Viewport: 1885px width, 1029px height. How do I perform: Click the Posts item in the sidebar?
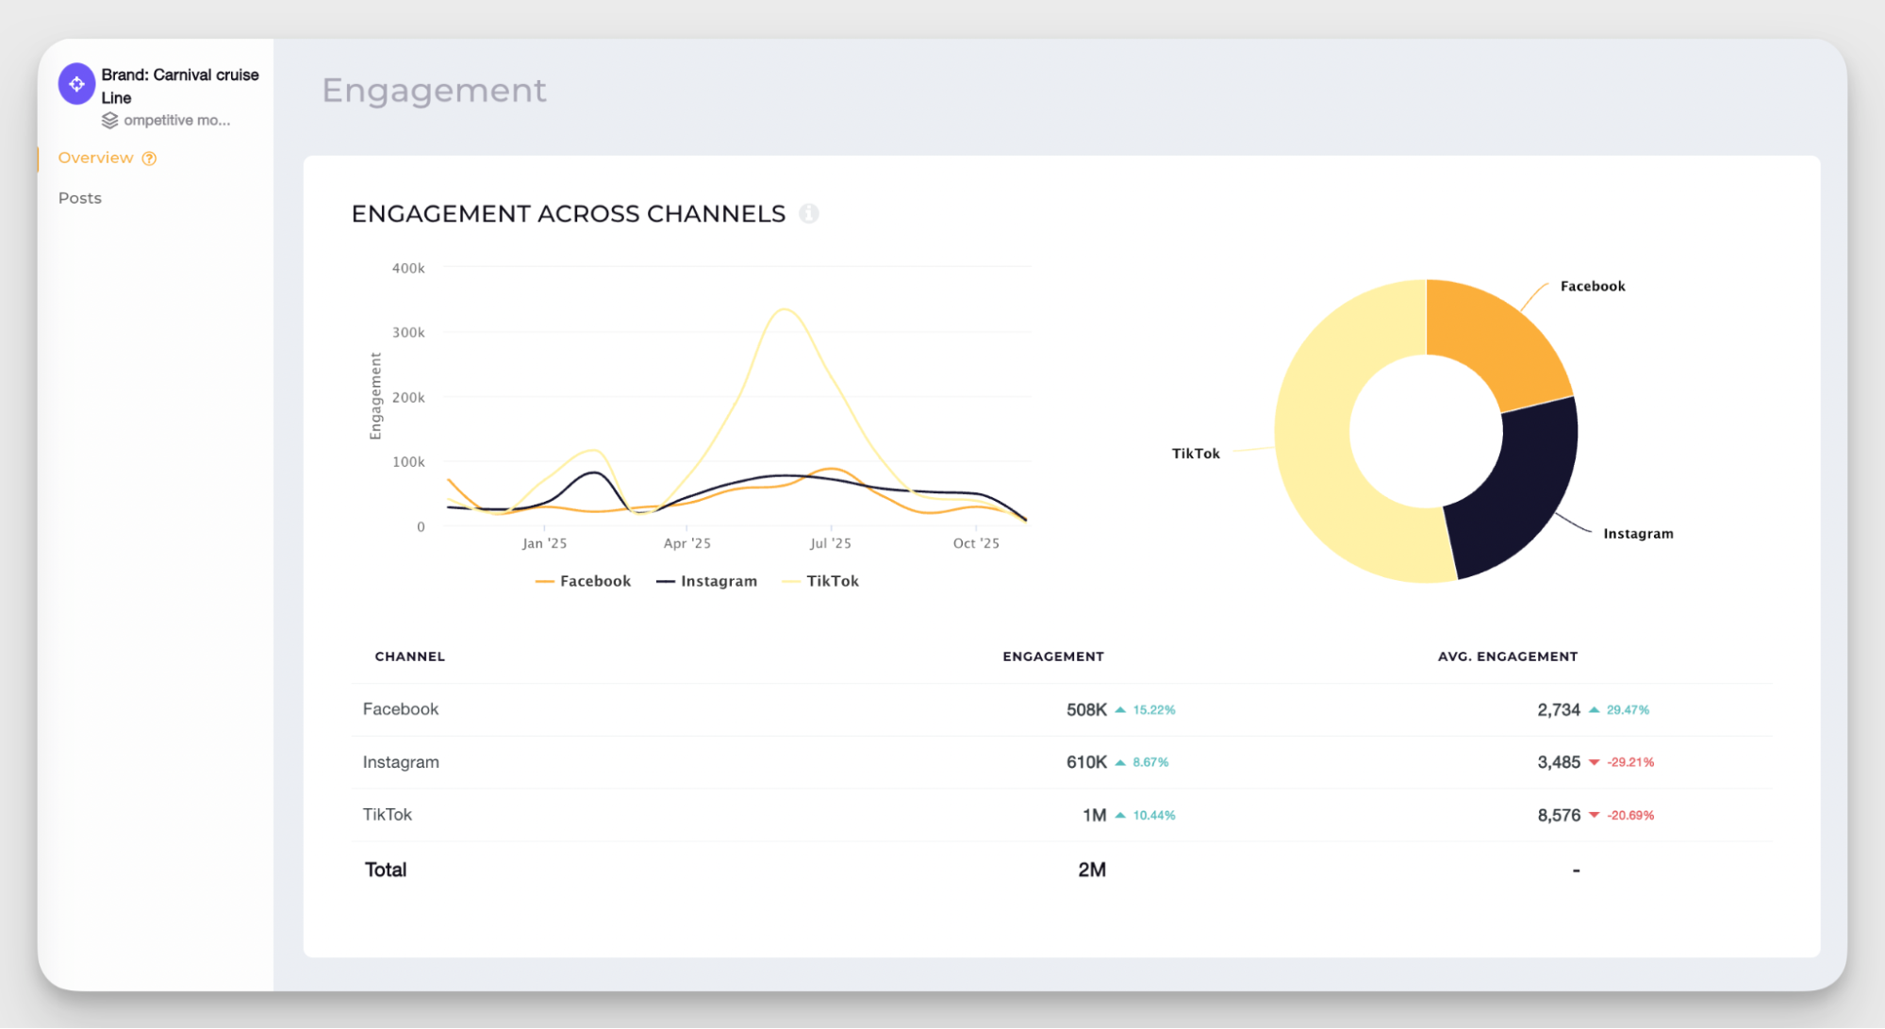pos(80,198)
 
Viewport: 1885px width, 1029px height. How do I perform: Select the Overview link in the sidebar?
pos(95,158)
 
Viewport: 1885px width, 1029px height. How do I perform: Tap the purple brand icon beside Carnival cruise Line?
pos(76,84)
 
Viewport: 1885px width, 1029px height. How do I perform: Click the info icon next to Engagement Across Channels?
pos(808,213)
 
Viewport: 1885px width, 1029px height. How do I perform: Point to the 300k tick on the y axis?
pos(408,333)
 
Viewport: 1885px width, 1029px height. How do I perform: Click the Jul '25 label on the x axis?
pos(830,543)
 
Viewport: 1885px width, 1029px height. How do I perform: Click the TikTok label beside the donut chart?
pos(1195,454)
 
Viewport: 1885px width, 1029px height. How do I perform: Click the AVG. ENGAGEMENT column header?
pos(1507,656)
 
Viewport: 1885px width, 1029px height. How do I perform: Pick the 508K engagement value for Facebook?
pos(1086,709)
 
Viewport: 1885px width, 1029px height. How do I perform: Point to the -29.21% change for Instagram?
pos(1630,762)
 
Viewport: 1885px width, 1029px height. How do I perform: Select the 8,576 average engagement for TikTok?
pos(1558,815)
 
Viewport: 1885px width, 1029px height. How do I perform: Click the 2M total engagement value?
pos(1092,870)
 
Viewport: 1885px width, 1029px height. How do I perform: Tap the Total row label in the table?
pos(386,870)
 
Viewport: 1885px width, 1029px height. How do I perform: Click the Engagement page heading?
pos(434,91)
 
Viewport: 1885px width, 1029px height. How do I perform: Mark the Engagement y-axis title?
pos(375,396)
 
